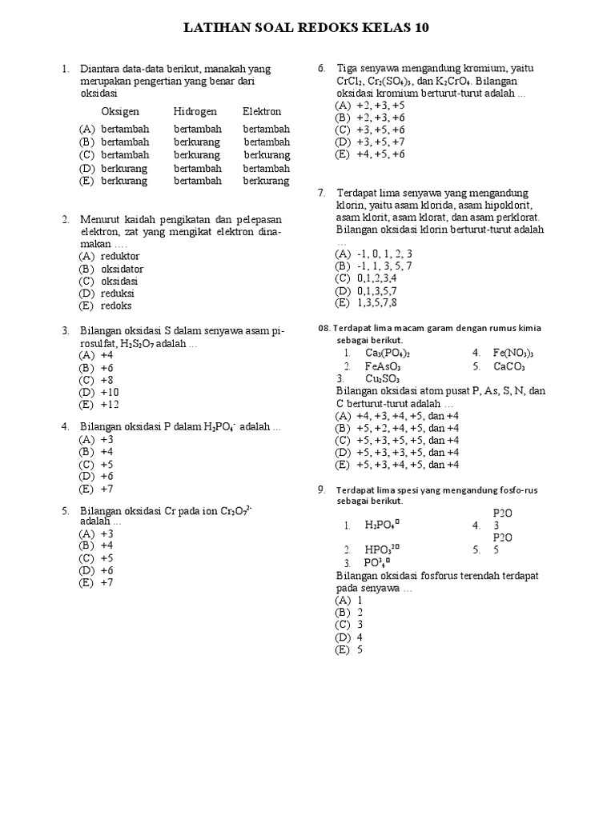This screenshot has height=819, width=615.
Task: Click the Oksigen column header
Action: click(x=120, y=112)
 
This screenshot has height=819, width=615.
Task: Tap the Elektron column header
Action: click(x=262, y=112)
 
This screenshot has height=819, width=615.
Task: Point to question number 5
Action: click(x=65, y=510)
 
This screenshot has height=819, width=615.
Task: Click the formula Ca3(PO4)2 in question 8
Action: click(x=388, y=353)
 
